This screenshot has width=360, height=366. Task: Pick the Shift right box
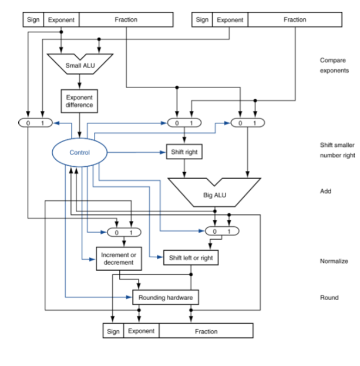(184, 152)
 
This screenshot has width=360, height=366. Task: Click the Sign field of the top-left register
(33, 20)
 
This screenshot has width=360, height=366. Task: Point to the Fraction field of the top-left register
(126, 20)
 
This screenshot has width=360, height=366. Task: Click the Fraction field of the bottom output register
(206, 331)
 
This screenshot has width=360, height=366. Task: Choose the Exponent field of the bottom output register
(141, 331)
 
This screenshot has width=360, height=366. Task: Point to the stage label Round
(329, 298)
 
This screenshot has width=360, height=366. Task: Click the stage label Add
(326, 191)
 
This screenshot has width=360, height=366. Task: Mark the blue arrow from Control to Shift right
(138, 152)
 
